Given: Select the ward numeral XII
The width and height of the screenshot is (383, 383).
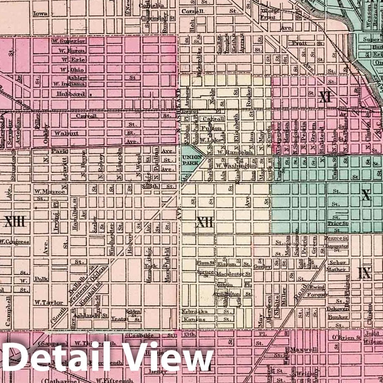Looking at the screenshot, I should click(x=204, y=223).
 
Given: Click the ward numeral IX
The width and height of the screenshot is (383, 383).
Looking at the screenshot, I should click(x=364, y=273).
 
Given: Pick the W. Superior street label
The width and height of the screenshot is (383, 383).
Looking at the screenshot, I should click(x=68, y=41).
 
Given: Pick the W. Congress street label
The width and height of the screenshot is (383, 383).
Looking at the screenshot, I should click(x=15, y=241).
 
